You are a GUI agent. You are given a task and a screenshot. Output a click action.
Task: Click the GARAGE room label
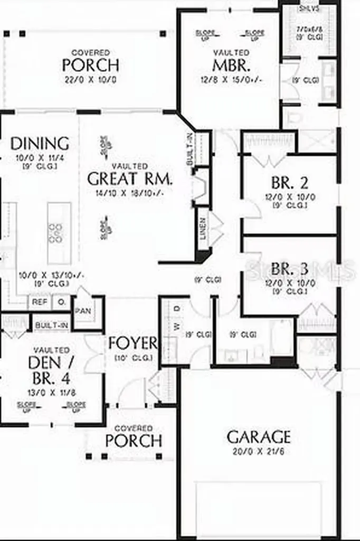click(259, 437)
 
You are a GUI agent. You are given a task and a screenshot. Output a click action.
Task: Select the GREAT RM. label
click(130, 179)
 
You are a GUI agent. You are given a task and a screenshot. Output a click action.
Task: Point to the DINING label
click(40, 144)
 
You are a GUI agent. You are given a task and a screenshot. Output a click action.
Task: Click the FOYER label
click(132, 343)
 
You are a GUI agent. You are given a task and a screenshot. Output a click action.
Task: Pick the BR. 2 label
click(290, 183)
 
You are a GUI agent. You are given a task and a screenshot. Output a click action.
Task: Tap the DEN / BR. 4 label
click(51, 370)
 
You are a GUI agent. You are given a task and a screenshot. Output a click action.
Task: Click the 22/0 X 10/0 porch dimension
click(91, 80)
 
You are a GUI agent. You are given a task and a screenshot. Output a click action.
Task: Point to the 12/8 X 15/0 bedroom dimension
click(231, 80)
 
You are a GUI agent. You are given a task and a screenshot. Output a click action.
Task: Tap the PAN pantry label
click(82, 311)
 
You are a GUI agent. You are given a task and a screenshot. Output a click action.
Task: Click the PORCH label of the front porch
click(134, 441)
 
